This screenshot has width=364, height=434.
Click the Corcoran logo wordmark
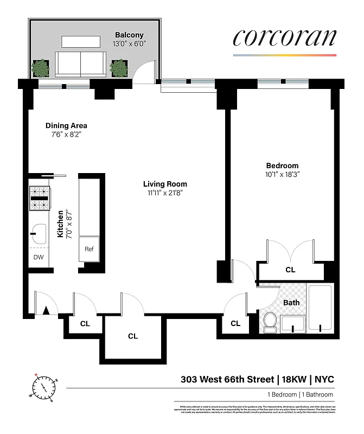tap(285, 38)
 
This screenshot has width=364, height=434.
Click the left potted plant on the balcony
tap(40, 68)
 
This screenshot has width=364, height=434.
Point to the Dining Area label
tap(66, 126)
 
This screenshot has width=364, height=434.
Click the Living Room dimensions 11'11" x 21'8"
tap(165, 193)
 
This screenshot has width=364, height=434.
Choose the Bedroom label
tap(282, 165)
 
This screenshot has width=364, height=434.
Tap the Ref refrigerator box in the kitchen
tap(90, 249)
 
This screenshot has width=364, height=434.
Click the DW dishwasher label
tap(39, 257)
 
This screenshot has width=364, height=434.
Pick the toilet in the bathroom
tap(269, 322)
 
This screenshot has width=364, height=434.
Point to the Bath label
tap(291, 303)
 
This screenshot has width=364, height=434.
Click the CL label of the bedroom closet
tap(290, 270)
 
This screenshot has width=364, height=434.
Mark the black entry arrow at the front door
tap(47, 310)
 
